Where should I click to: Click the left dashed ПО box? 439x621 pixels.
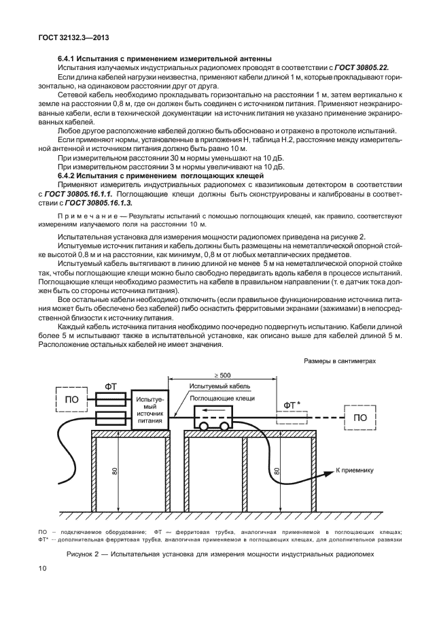point(71,399)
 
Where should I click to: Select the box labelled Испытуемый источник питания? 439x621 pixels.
point(150,407)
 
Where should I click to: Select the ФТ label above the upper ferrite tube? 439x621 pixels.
point(110,386)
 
